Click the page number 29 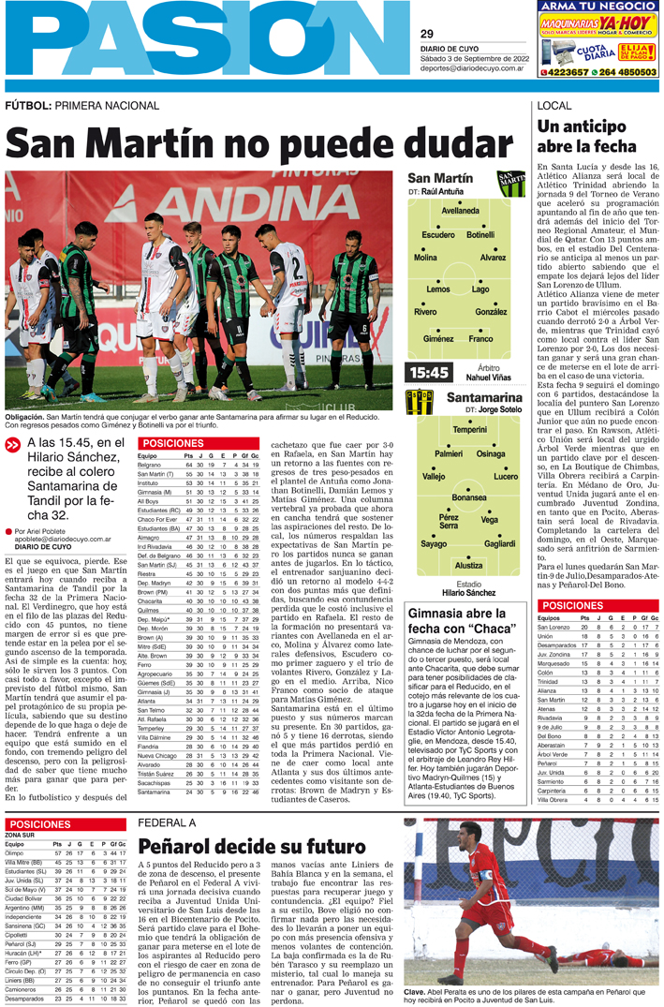point(427,34)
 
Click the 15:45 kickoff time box point(428,373)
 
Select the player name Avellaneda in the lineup point(461,211)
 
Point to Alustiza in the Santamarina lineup point(469,565)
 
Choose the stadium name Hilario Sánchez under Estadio point(468,593)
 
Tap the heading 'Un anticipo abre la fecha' point(586,136)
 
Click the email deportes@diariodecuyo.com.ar point(471,67)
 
